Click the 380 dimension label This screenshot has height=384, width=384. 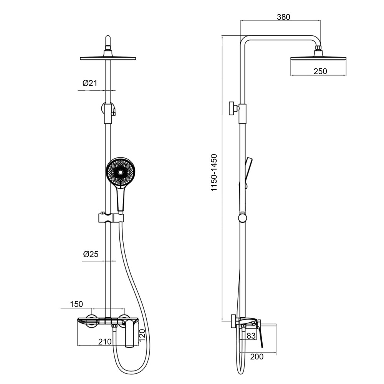point(283,17)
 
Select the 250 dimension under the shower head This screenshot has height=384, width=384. point(320,71)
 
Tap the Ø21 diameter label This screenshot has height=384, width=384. point(90,83)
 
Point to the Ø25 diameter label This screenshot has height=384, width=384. point(91,254)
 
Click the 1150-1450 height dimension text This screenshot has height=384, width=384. point(214,173)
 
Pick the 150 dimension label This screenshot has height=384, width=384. point(76,304)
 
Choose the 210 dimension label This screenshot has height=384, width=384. point(104,341)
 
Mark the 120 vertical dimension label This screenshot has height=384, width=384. point(142,335)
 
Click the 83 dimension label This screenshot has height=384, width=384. point(251,336)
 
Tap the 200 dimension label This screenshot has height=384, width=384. point(257,357)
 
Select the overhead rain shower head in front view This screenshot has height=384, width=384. point(108,58)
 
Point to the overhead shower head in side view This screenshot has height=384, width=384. point(318,58)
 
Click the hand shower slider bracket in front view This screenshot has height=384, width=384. point(111,218)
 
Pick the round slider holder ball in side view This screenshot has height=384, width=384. point(242,218)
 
